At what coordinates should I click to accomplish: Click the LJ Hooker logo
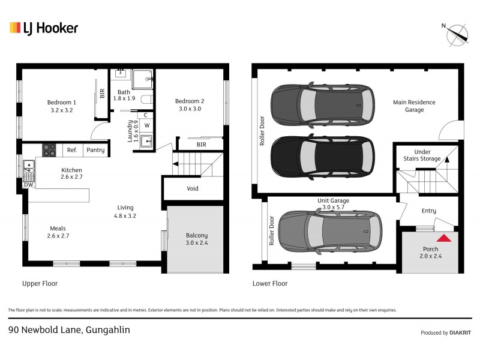[x=44, y=28]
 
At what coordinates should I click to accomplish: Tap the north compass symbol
[x=457, y=34]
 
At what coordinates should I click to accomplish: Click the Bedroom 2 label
[x=190, y=105]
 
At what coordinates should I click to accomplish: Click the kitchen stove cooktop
[x=49, y=150]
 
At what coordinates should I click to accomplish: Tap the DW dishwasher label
[x=29, y=185]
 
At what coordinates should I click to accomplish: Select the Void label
[x=193, y=188]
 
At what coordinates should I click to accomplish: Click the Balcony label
[x=196, y=239]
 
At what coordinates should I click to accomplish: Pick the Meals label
[x=58, y=232]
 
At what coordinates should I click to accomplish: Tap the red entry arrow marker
[x=443, y=238]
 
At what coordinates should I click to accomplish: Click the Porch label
[x=431, y=252]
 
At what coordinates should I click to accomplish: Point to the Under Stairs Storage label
[x=426, y=155]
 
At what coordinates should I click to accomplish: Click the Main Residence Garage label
[x=414, y=106]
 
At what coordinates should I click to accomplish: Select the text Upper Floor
[x=40, y=283]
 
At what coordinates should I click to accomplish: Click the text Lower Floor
[x=270, y=283]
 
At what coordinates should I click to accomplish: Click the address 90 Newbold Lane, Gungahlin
[x=69, y=330]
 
